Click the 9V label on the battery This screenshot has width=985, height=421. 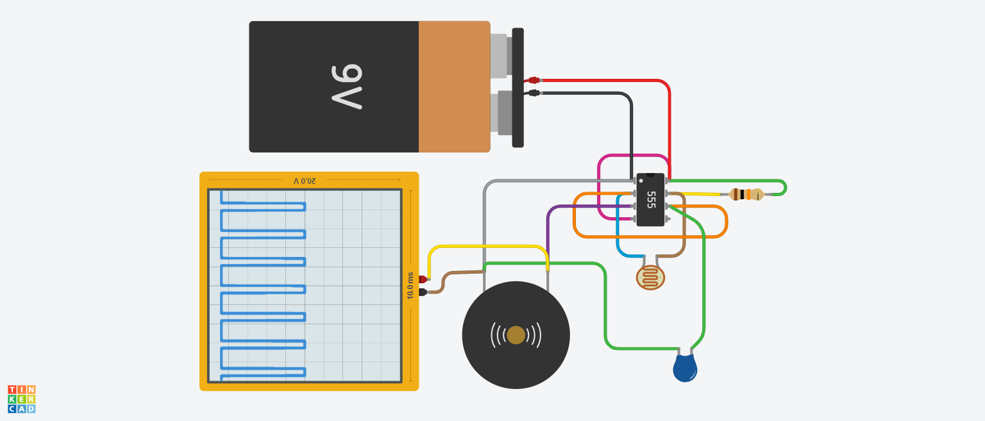[348, 87]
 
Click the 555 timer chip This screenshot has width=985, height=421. [650, 199]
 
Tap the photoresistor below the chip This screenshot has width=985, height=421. [650, 277]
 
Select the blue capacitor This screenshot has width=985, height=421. [685, 368]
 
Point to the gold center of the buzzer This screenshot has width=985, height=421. [516, 335]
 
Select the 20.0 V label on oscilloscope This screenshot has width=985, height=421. [305, 181]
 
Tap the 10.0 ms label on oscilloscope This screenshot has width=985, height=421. [410, 286]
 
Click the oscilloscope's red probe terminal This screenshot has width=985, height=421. [423, 279]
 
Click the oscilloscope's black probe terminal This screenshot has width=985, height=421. [423, 292]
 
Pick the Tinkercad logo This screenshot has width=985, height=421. [22, 399]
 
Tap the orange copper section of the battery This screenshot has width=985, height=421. [454, 87]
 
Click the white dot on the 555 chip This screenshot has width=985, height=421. [641, 181]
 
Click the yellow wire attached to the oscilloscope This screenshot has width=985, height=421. [487, 247]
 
